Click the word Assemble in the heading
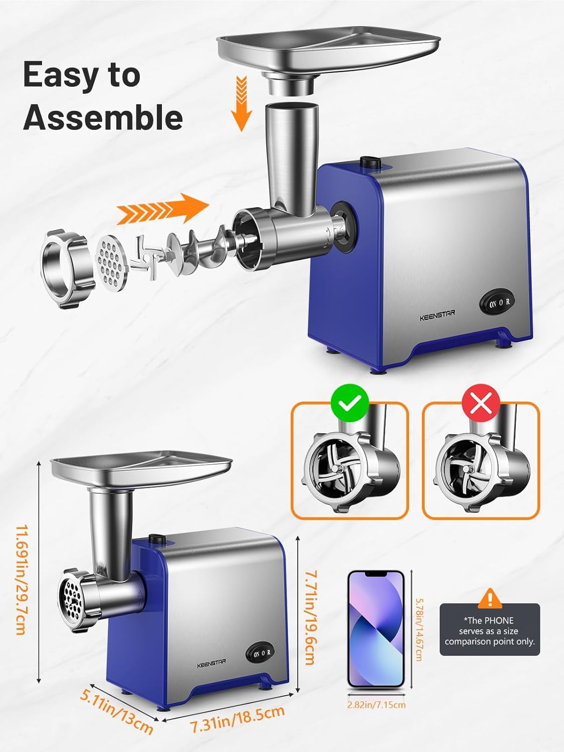pyautogui.click(x=103, y=117)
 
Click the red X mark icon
pyautogui.click(x=481, y=403)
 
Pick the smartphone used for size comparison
pyautogui.click(x=375, y=629)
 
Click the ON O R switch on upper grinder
pyautogui.click(x=497, y=302)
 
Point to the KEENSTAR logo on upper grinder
pyautogui.click(x=437, y=315)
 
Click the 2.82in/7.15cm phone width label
pyautogui.click(x=377, y=705)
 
